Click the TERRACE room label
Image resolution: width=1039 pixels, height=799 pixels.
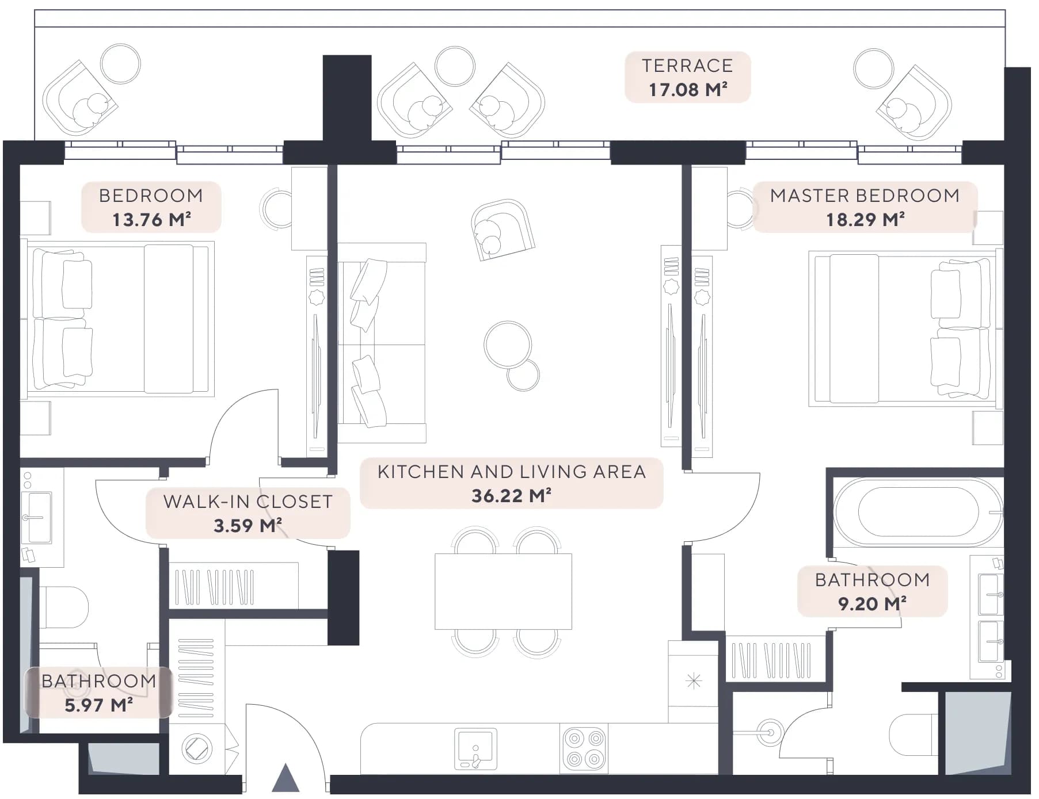(687, 66)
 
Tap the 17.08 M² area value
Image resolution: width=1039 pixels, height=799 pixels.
(688, 90)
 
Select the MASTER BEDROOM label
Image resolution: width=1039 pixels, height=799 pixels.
(865, 196)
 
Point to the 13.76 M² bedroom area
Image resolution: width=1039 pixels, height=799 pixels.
(151, 220)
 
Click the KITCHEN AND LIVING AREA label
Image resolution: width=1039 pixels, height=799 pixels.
(512, 472)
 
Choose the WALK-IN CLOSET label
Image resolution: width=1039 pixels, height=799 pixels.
(248, 502)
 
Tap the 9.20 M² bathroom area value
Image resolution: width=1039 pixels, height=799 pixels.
(872, 604)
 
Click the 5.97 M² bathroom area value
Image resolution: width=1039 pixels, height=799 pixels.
(98, 705)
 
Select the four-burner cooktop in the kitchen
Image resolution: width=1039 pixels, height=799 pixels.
(584, 748)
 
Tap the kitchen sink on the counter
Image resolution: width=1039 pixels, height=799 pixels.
(475, 749)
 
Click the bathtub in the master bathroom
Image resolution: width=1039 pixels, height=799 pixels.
(918, 512)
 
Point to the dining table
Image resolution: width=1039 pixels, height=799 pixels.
(503, 591)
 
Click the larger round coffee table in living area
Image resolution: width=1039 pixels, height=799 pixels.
(508, 345)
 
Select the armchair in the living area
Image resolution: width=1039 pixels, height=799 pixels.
(503, 230)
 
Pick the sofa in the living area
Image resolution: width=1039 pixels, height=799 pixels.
(382, 343)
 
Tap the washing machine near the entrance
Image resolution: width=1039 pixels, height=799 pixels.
(197, 749)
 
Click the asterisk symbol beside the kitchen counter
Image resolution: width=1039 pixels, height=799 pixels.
(694, 681)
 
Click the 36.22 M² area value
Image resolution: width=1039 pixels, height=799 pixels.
(512, 496)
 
